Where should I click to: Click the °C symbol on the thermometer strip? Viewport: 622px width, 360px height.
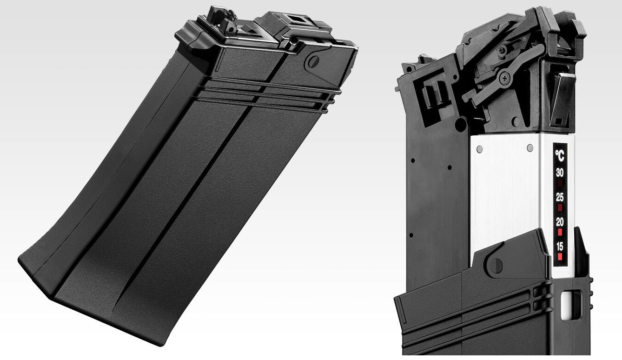point(560,155)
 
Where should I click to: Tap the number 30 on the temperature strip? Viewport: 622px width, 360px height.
point(560,173)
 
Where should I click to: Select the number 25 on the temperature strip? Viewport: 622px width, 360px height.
point(560,197)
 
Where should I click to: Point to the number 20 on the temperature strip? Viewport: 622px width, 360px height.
point(560,222)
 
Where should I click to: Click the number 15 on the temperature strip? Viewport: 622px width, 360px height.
point(560,246)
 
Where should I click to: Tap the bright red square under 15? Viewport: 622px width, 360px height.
point(560,256)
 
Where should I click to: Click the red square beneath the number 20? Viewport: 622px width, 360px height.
point(560,232)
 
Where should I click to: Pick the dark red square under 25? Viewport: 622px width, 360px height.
point(560,207)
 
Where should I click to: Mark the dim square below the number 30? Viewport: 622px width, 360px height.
point(560,183)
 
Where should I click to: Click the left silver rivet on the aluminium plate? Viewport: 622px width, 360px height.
point(479,149)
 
